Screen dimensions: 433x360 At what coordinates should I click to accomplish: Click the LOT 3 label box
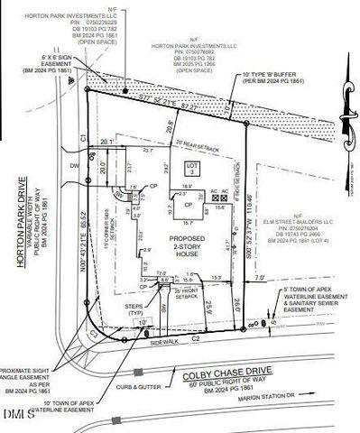[190, 170]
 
